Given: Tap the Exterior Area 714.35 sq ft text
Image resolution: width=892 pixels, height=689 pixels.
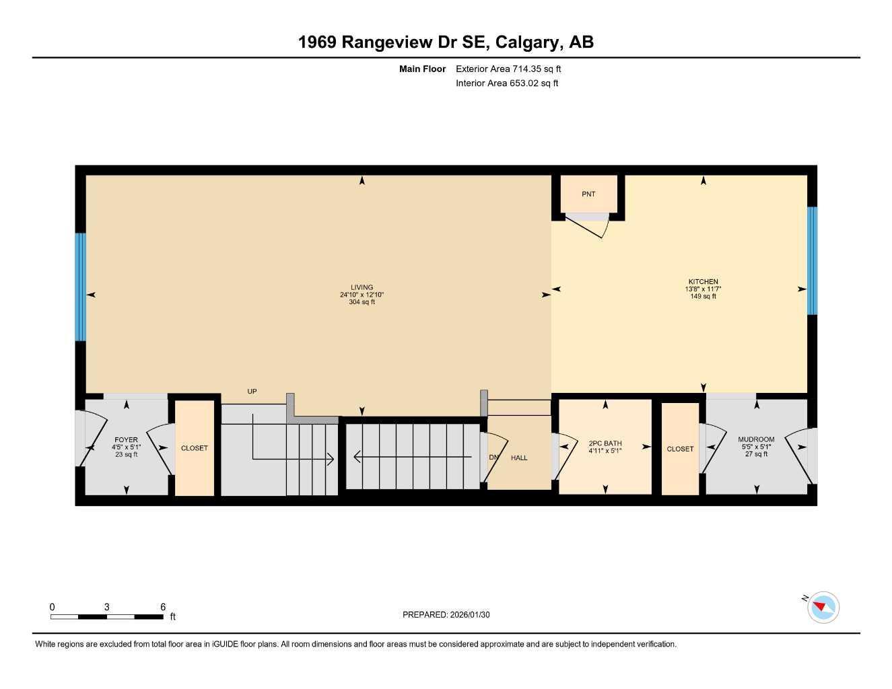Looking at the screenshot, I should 508,69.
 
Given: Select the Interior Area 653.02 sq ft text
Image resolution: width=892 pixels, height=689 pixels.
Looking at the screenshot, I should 507,83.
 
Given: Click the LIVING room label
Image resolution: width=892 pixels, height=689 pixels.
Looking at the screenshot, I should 362,287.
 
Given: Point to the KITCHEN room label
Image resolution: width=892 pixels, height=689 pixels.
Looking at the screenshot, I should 703,282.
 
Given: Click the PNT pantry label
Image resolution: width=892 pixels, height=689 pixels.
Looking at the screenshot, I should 588,194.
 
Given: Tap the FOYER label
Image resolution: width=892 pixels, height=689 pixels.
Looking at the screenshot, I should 126,440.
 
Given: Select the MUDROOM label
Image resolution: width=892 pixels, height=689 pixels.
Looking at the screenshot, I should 756,439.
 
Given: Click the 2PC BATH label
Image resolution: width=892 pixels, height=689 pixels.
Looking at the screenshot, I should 605,443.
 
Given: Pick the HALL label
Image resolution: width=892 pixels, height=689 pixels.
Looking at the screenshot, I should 519,458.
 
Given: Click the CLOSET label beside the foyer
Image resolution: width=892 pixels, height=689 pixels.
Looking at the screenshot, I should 195,448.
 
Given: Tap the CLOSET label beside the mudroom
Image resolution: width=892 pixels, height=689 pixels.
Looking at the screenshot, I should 680,449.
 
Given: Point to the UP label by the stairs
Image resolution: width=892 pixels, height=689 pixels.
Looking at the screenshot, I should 252,392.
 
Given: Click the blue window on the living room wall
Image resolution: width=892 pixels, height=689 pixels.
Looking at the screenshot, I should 81,287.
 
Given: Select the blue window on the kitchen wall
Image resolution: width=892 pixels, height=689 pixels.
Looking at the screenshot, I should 812,260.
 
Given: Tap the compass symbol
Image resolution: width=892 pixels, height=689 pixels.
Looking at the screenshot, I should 822,608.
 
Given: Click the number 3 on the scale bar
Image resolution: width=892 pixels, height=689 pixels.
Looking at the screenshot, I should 106,607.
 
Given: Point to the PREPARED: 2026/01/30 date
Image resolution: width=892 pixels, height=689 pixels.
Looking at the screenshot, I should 446,614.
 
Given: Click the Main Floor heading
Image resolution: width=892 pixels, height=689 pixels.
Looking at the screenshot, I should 422,69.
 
